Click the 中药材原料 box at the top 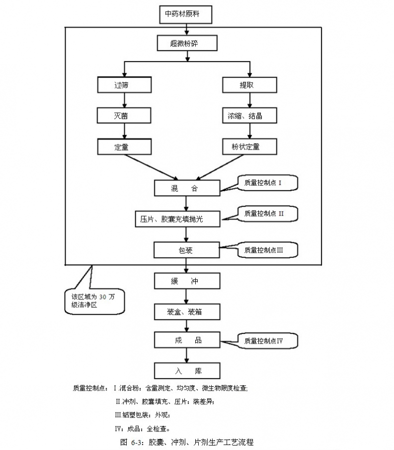[186, 14]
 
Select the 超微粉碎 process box [187, 43]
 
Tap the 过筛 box [124, 85]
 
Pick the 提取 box [249, 85]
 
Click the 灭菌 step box [124, 116]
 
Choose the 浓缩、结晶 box [249, 116]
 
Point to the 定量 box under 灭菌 [124, 147]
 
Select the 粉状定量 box [249, 147]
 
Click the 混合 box [186, 188]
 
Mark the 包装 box [186, 250]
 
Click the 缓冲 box [186, 281]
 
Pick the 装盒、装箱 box [186, 312]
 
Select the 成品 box [186, 340]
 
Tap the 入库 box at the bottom [186, 371]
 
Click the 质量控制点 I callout [267, 183]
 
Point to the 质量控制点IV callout [267, 341]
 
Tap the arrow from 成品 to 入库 [186, 355]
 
